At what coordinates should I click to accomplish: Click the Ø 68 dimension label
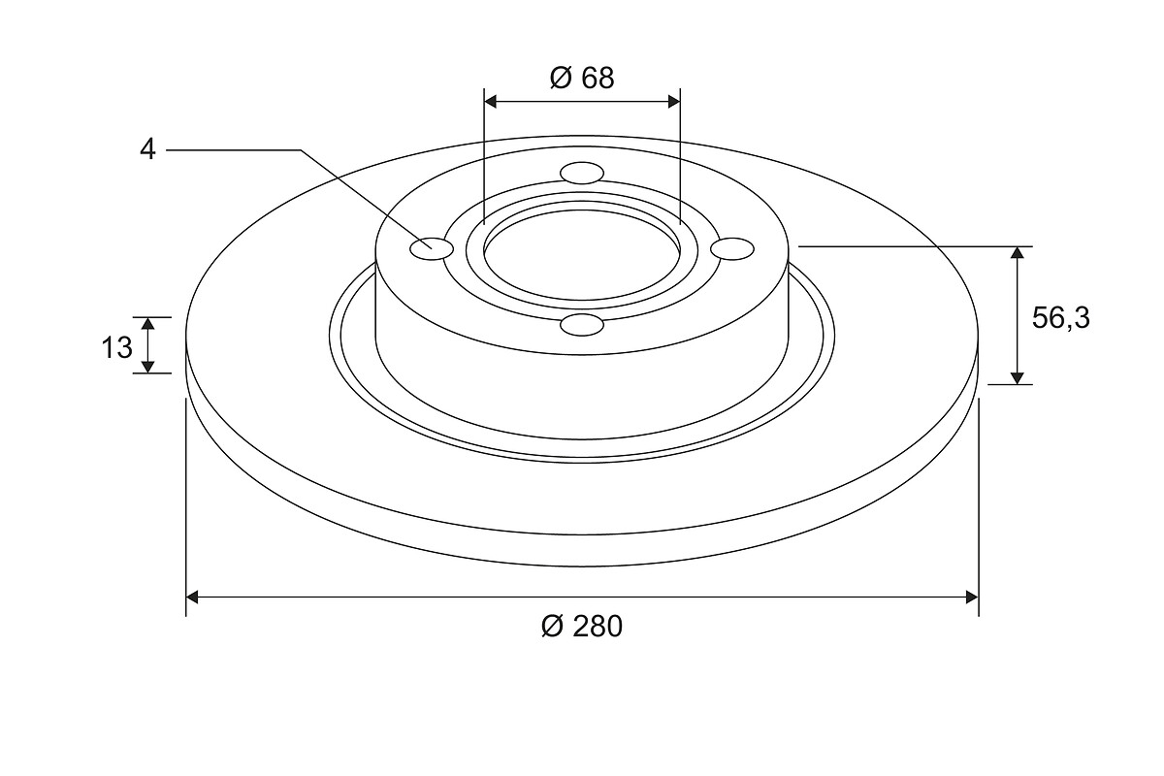tap(581, 79)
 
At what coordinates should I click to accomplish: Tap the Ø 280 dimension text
tap(581, 627)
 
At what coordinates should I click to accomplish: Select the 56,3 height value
tap(1060, 318)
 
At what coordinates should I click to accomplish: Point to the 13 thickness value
tap(117, 347)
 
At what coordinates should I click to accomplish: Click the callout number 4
tap(147, 150)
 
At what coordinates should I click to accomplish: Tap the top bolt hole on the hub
tap(583, 173)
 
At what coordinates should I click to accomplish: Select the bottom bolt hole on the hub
tap(582, 325)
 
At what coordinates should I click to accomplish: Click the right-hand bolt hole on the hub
tap(732, 248)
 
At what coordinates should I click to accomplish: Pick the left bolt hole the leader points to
tap(432, 249)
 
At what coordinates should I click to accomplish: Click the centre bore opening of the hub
tap(582, 255)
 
